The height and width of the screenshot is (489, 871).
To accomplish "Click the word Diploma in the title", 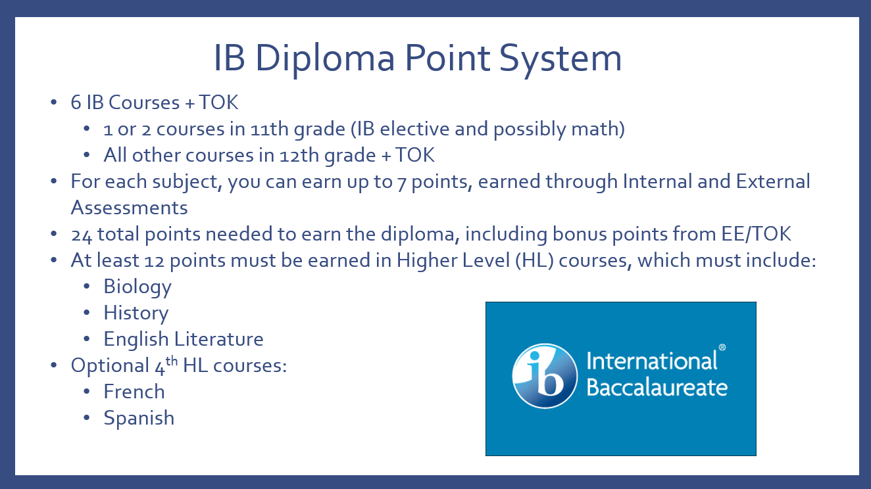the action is (325, 58).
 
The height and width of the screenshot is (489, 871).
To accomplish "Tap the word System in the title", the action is (560, 58).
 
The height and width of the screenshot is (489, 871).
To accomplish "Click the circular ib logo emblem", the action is (545, 375).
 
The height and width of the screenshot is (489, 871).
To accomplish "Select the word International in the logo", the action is (652, 361).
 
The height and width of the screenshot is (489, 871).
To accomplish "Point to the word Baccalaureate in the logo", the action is (657, 387).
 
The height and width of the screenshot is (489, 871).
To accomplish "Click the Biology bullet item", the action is (137, 287).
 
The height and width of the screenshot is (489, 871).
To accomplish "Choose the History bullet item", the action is (136, 313).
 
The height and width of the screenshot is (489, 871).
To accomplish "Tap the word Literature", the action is (218, 339).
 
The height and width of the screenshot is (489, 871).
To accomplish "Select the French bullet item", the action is (134, 392).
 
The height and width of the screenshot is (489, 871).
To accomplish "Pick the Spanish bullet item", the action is (139, 418).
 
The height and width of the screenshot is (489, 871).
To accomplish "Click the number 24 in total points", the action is (82, 235).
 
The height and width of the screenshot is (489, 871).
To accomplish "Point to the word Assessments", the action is (129, 208).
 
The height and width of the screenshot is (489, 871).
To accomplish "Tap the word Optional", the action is (110, 366).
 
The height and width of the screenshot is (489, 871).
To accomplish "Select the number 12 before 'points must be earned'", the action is (155, 261).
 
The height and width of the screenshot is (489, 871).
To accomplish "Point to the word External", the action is (772, 181).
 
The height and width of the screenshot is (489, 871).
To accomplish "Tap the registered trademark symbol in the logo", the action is (722, 347).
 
